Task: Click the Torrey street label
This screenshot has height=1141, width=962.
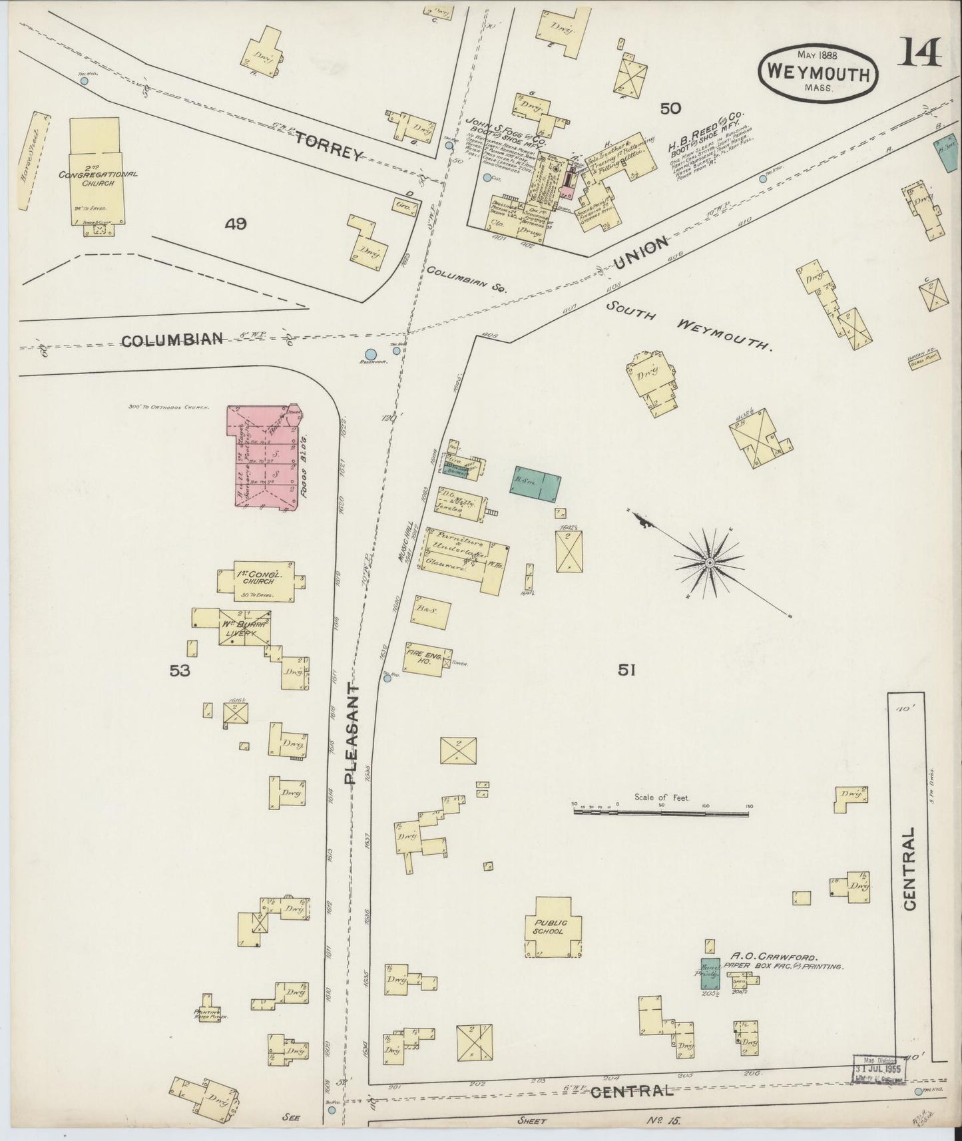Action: click(330, 146)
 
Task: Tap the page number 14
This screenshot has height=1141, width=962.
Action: click(921, 53)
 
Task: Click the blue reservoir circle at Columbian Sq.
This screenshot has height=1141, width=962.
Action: click(371, 355)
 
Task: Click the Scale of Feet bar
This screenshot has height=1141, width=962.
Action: click(662, 811)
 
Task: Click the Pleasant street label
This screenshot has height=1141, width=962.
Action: click(352, 732)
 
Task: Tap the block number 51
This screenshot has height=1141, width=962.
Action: click(626, 671)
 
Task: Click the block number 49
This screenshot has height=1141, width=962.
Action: click(236, 224)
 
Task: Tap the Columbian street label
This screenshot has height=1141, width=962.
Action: click(172, 340)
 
